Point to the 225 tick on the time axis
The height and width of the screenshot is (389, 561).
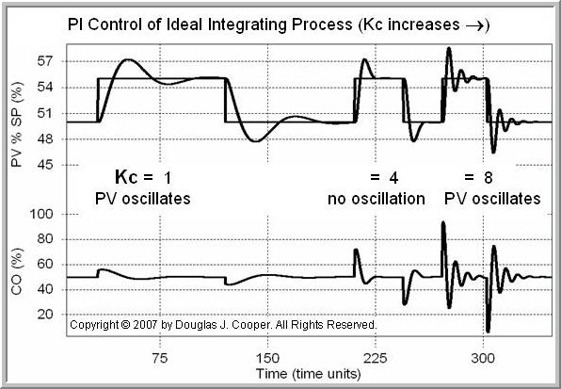pos(375,358)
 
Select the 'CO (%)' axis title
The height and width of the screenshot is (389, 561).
pos(17,273)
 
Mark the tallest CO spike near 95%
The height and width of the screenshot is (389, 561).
pos(442,223)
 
